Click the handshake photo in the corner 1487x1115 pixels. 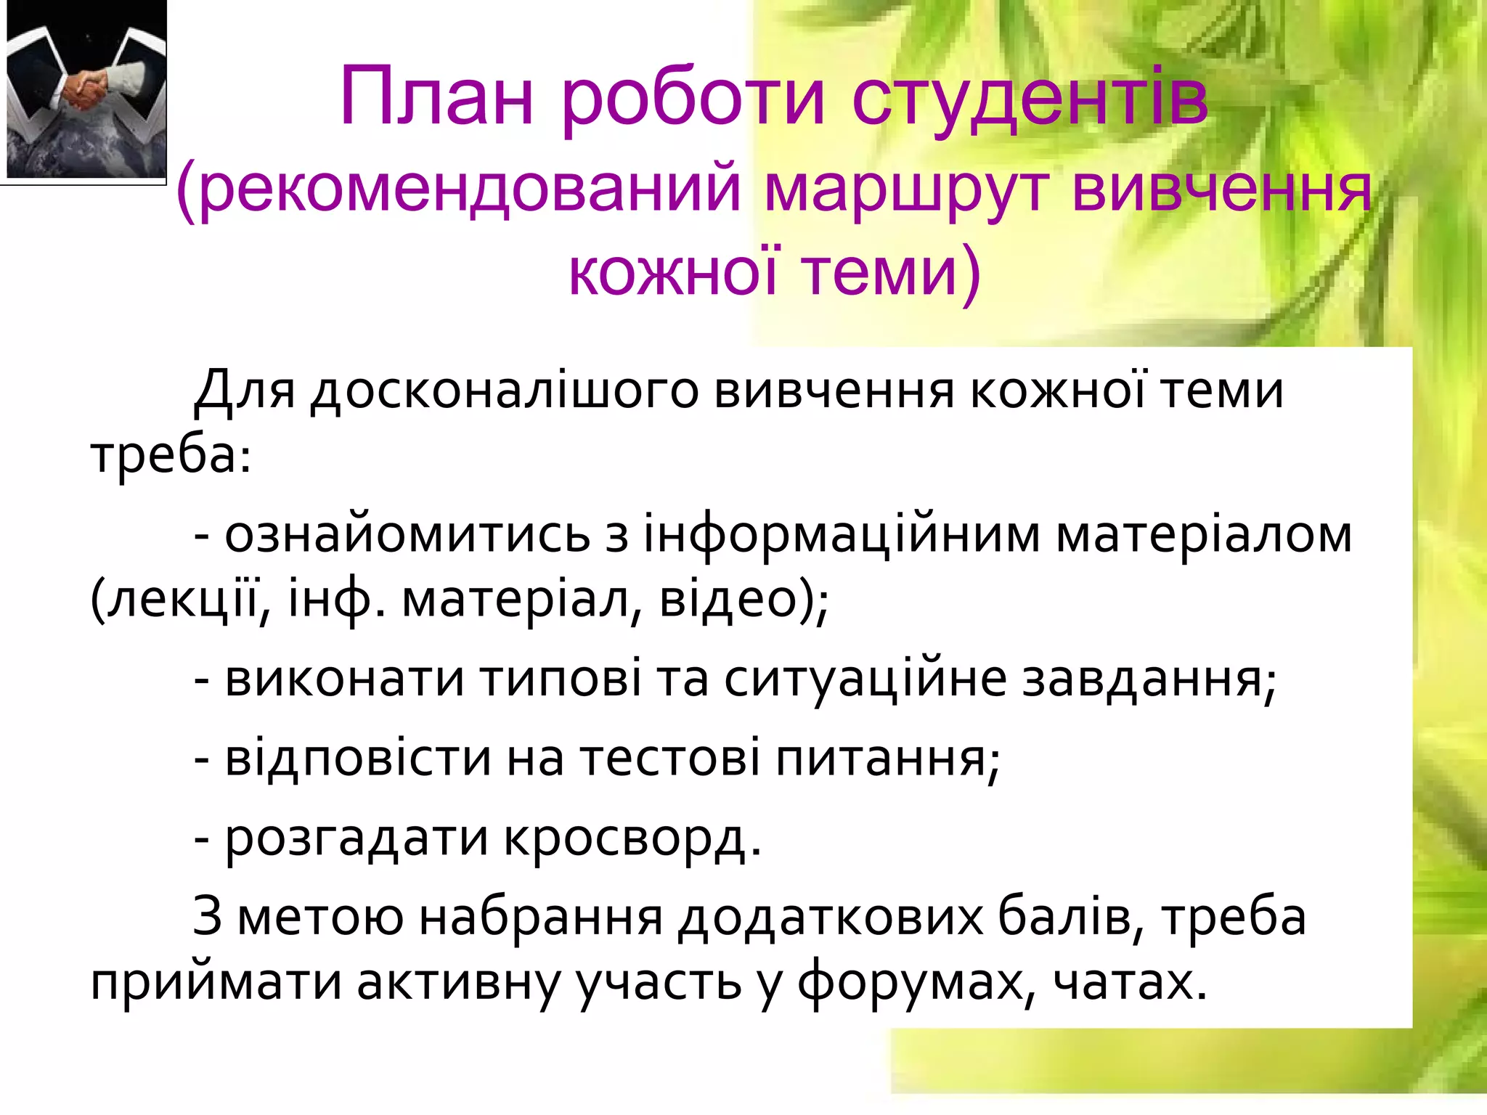coord(86,91)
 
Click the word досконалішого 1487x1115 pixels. coord(504,392)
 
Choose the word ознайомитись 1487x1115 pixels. coord(407,536)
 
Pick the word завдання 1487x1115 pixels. coord(1144,679)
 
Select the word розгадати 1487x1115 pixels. coord(357,838)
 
